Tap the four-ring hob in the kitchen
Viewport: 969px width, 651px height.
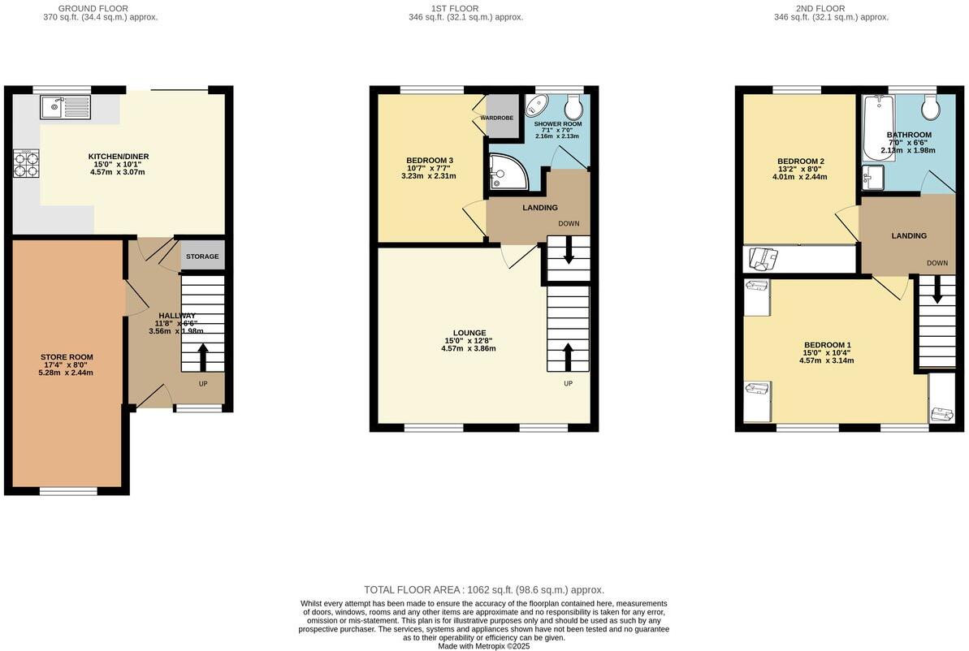point(25,165)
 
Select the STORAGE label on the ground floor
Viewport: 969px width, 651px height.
point(202,257)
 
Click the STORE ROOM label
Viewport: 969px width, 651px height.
point(67,356)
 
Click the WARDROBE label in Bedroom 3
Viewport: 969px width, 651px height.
point(496,118)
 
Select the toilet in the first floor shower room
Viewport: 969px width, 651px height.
point(573,106)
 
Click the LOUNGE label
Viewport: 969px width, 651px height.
point(469,333)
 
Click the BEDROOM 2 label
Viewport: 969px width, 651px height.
point(800,161)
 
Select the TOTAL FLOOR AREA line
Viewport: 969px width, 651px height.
point(483,590)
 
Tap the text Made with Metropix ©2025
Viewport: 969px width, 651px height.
point(483,646)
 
